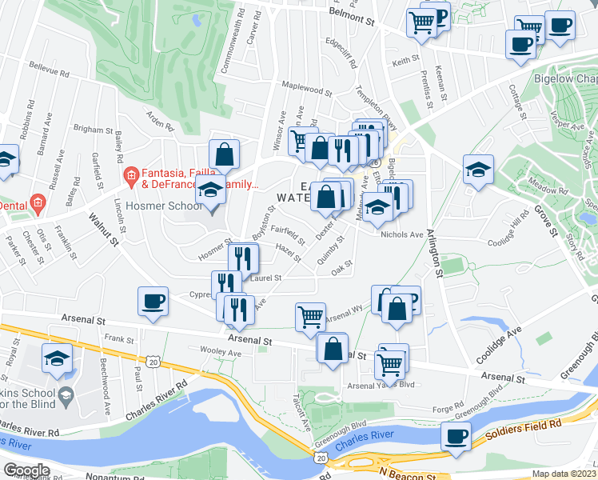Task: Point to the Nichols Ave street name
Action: [x=402, y=234]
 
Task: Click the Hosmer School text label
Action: [x=169, y=203]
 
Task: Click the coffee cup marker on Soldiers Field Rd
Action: [x=456, y=438]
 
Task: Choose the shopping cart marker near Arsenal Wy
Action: [x=310, y=315]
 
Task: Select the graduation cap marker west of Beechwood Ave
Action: [x=58, y=359]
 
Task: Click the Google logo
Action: [x=26, y=470]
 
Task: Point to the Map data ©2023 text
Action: [x=564, y=474]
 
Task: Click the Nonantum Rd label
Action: [x=92, y=474]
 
